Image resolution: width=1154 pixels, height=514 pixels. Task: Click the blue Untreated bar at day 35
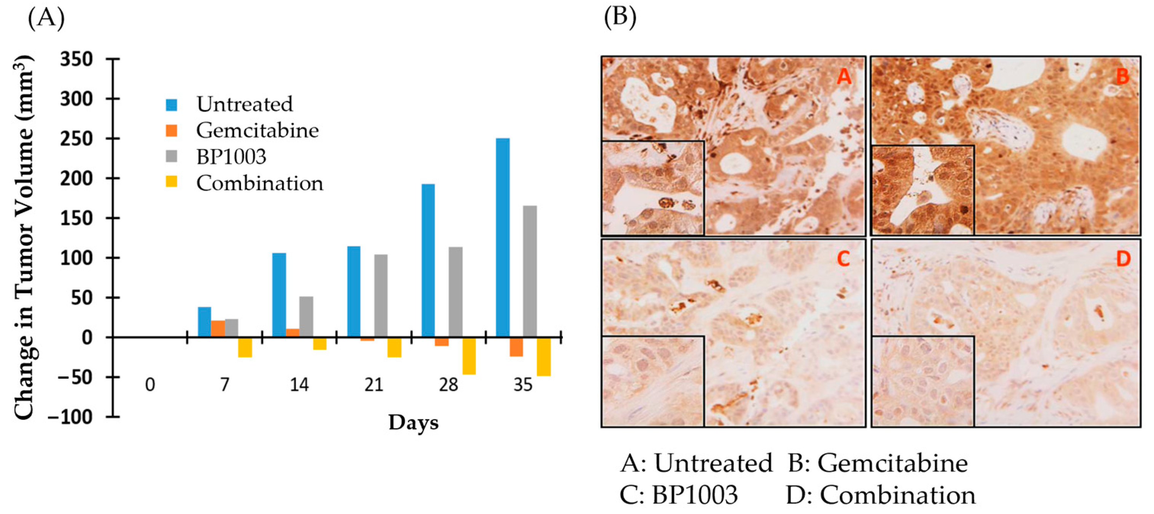point(503,237)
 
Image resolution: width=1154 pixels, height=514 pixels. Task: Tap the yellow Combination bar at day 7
point(245,347)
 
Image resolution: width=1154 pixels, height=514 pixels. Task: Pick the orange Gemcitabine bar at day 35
point(516,347)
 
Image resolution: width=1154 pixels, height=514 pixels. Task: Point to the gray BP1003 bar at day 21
point(381,296)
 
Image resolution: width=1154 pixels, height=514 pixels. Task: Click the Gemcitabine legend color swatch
point(172,131)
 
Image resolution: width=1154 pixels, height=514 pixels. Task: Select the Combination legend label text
point(259,183)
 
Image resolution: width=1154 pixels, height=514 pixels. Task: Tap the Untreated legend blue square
point(172,105)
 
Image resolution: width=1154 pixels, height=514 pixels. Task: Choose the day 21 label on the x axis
point(374,385)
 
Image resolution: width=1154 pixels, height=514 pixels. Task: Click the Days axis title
point(413,422)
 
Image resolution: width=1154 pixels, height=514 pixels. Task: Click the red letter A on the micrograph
point(844,77)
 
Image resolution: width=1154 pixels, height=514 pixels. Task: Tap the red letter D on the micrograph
point(1123,259)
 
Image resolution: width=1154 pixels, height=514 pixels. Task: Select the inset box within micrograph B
point(923,190)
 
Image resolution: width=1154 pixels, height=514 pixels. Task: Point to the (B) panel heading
point(620,18)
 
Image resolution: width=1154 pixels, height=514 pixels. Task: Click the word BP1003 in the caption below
point(694,495)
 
